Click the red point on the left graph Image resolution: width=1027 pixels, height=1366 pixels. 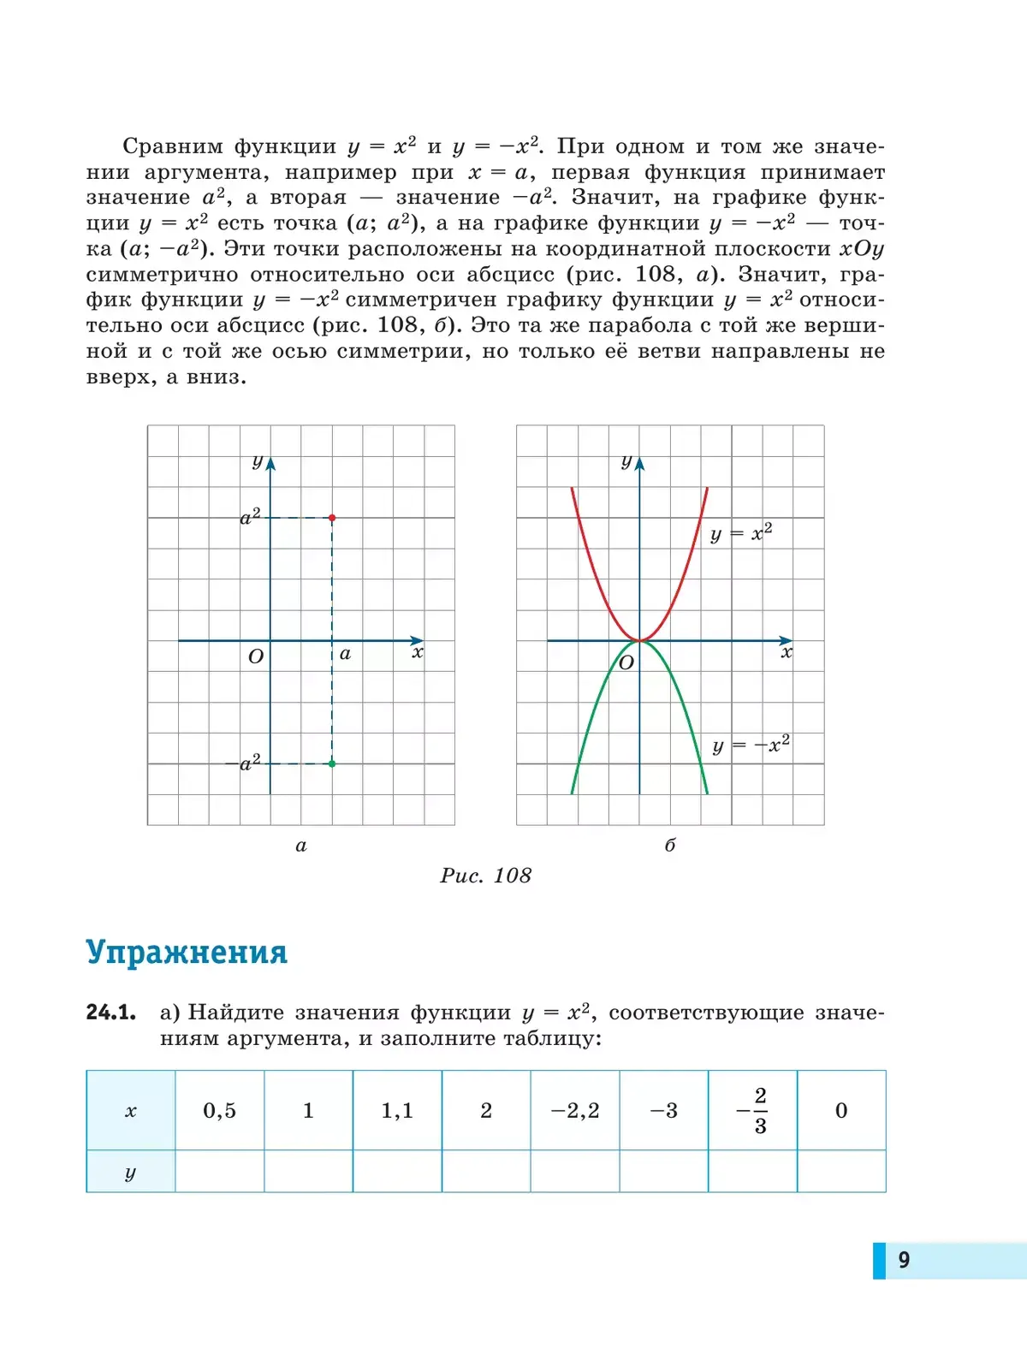pos(332,518)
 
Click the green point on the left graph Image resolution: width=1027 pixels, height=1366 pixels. pos(332,763)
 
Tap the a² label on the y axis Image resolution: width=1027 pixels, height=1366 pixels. pos(250,517)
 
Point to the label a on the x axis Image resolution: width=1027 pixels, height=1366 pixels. pos(345,654)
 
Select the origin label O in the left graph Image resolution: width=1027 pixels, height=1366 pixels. pos(255,657)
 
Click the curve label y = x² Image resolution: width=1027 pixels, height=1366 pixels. pos(741,534)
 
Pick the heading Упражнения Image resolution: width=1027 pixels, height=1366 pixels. pos(187,952)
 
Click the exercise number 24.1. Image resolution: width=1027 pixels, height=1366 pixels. pos(111,1013)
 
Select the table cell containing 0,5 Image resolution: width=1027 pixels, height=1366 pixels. pos(219,1111)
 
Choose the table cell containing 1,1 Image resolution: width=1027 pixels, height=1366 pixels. pos(397,1111)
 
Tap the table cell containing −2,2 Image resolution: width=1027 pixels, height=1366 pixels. pos(575,1111)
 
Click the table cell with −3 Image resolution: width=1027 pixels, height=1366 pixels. pos(664,1111)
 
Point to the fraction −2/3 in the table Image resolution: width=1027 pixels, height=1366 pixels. pos(753,1111)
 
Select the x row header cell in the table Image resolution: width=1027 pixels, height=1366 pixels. pos(131,1111)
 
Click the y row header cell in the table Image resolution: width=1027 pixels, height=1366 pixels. pos(131,1172)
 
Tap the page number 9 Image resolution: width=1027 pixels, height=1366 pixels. pos(904,1260)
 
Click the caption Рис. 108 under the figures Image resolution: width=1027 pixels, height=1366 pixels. pos(485,876)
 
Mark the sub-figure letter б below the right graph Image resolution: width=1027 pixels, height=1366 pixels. pos(670,846)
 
